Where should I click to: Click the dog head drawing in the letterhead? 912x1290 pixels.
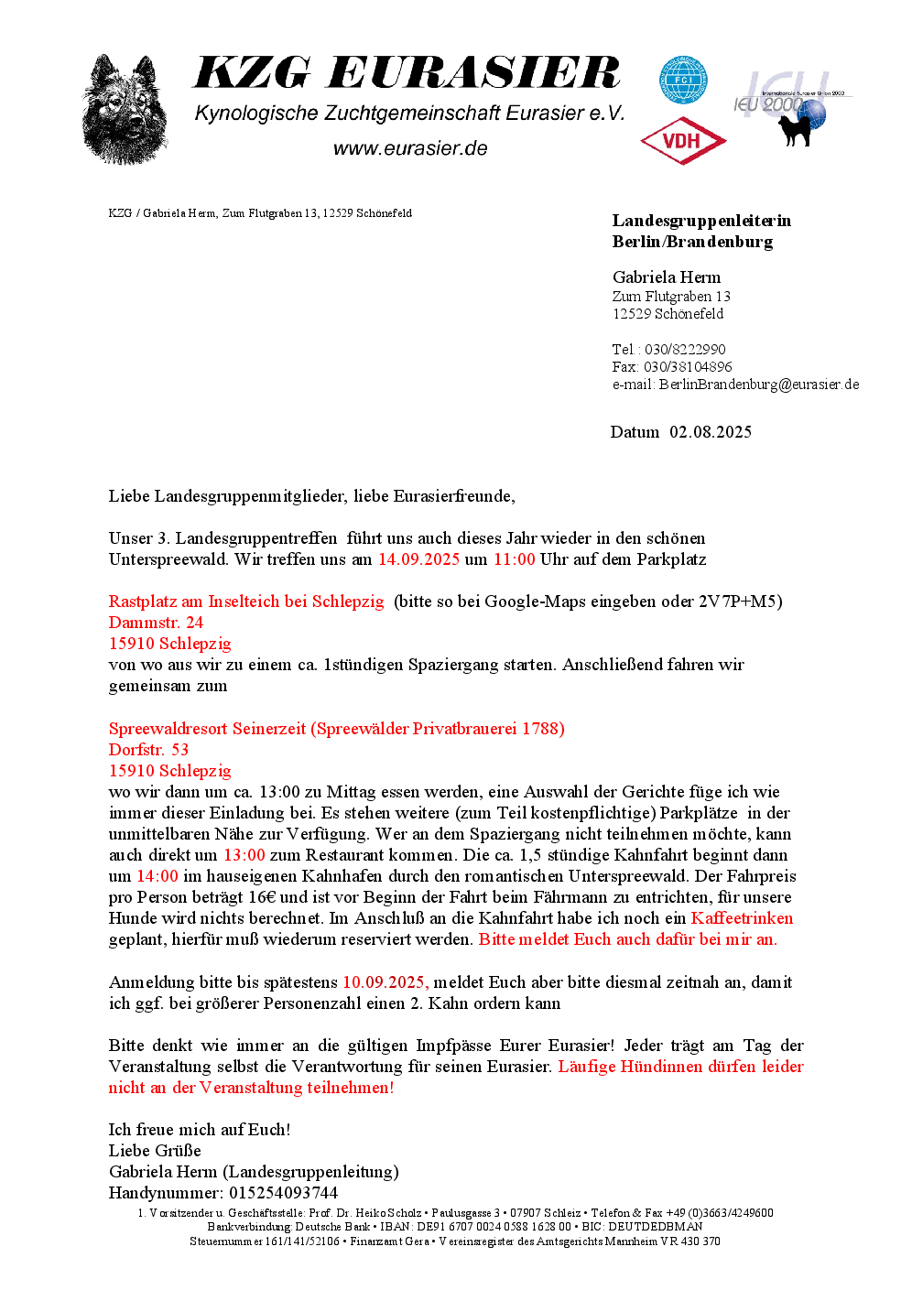125,110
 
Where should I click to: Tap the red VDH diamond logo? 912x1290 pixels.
683,141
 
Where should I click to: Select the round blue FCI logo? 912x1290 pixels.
683,81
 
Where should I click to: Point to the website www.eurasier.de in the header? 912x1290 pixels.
409,148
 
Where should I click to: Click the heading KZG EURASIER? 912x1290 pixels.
407,73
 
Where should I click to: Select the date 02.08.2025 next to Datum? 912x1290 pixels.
711,432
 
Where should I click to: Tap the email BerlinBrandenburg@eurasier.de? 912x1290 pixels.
759,385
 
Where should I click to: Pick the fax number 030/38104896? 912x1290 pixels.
688,367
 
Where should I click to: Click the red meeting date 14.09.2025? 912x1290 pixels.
418,559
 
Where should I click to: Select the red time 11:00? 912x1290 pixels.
514,559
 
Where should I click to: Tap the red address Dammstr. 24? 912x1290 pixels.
156,623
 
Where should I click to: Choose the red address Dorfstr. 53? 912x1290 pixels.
148,750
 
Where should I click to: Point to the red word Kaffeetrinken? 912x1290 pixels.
742,918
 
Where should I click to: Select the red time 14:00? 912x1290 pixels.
157,876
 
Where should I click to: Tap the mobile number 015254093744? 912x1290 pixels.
283,1193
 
